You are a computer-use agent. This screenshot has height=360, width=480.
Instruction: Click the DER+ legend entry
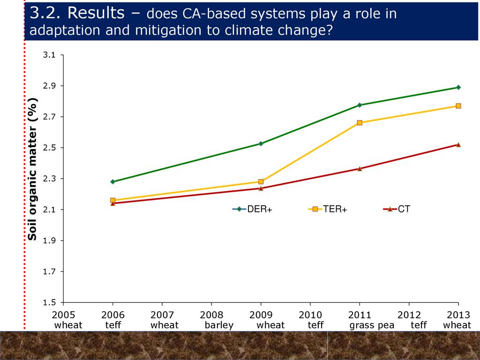tap(253, 210)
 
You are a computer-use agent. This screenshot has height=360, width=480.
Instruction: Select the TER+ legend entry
tap(328, 210)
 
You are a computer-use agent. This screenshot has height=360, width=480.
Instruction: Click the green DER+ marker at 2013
tap(458, 87)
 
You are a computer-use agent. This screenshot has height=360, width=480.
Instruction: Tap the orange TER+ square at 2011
tap(360, 123)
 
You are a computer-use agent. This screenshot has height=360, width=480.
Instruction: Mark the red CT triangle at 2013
tap(458, 145)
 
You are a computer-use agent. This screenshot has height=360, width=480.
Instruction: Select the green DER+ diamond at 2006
tap(112, 182)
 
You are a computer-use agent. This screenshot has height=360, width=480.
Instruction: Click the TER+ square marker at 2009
tap(261, 181)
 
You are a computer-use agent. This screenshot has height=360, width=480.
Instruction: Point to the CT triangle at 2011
tap(360, 169)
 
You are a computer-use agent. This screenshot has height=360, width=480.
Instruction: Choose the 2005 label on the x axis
tap(63, 315)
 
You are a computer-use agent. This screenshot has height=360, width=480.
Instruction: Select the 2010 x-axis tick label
tap(310, 315)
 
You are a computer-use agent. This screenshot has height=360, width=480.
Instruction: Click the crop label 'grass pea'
tap(372, 325)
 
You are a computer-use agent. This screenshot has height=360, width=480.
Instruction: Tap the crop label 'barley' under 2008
tap(219, 325)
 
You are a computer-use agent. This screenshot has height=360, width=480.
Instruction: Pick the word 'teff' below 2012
tap(419, 325)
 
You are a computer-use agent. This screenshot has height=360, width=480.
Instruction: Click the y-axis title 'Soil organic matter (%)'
tap(32, 169)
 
